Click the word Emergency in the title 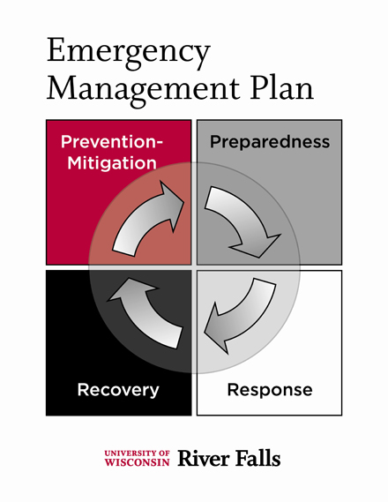pyautogui.click(x=129, y=53)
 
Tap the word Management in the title pyautogui.click(x=144, y=90)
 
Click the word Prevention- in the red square pyautogui.click(x=112, y=142)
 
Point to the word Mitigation pyautogui.click(x=112, y=163)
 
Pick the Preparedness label pyautogui.click(x=270, y=142)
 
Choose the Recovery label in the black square pyautogui.click(x=118, y=390)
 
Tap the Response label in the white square pyautogui.click(x=270, y=390)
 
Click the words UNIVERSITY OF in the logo pyautogui.click(x=138, y=453)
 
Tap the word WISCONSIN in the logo pyautogui.click(x=138, y=462)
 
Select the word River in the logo pyautogui.click(x=203, y=458)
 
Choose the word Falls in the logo pyautogui.click(x=257, y=458)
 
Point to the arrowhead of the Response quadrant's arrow pyautogui.click(x=218, y=332)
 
